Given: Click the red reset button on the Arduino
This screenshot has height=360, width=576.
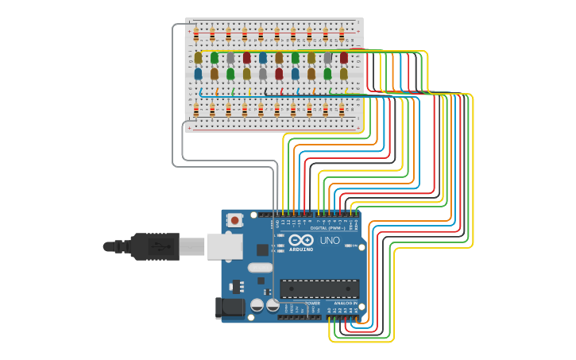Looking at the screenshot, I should (x=234, y=221).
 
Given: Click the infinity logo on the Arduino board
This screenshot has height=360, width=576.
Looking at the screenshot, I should (x=301, y=240).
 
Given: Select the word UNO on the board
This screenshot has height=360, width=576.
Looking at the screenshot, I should (x=329, y=240).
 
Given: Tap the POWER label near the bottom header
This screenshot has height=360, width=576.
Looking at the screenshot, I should (x=312, y=303).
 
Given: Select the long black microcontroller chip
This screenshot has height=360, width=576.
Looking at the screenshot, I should (x=319, y=288).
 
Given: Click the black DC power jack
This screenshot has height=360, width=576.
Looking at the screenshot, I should (x=230, y=308).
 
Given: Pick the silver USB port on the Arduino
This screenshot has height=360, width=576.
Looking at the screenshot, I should (x=224, y=246).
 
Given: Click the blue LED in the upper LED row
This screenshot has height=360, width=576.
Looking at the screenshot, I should (x=263, y=58).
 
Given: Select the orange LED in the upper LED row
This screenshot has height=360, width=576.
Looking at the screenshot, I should (x=279, y=58).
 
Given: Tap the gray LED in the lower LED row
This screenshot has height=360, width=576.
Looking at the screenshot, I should (x=263, y=74).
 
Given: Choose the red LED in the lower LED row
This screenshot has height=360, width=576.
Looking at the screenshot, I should (x=279, y=74).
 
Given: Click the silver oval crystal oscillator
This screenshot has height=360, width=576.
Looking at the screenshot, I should (x=260, y=268).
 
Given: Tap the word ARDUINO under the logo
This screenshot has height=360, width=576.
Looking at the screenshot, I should (x=301, y=249).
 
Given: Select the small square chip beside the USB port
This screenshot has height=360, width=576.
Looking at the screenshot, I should (x=262, y=250).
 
